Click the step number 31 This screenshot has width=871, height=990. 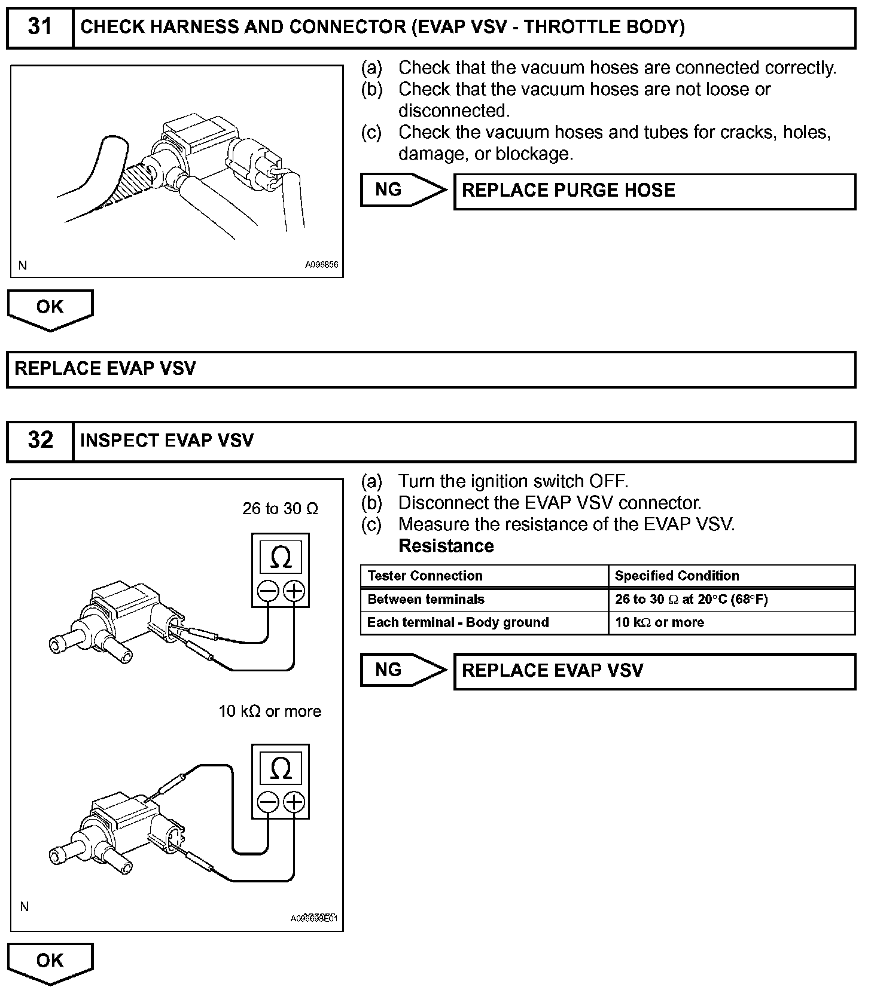tap(39, 27)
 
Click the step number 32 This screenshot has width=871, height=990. tap(40, 441)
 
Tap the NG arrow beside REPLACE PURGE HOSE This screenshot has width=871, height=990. tap(403, 190)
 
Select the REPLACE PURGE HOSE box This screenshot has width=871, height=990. tap(654, 191)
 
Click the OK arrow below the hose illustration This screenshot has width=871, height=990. tap(50, 308)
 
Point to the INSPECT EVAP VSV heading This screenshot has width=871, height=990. tap(167, 441)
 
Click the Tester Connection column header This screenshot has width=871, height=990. tap(425, 576)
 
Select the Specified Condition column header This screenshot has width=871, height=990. tap(677, 576)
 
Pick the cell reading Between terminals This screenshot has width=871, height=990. tap(426, 599)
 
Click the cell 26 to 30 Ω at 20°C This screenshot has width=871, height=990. tap(691, 599)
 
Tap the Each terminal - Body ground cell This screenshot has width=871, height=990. tap(458, 622)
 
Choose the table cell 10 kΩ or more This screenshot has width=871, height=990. tap(659, 622)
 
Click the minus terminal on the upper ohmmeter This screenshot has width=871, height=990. tap(268, 591)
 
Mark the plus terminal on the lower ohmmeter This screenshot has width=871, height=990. tap(294, 802)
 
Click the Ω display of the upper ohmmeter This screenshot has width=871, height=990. tap(281, 557)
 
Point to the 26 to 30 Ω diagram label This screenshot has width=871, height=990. tap(280, 509)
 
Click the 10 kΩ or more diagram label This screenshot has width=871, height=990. tap(270, 711)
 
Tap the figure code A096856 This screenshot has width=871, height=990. tap(322, 265)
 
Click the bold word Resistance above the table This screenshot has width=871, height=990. tap(446, 546)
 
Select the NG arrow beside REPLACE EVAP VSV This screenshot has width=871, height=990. tap(403, 670)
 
